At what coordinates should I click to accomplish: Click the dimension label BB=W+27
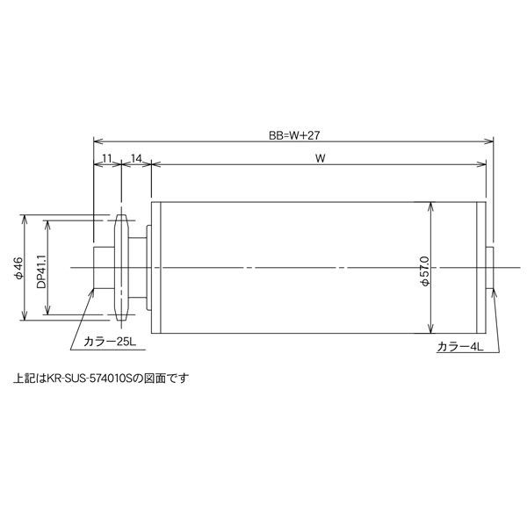click(x=293, y=135)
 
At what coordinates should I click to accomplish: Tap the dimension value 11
click(x=106, y=158)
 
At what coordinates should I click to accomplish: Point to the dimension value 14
click(x=136, y=158)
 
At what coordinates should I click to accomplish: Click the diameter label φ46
click(x=18, y=268)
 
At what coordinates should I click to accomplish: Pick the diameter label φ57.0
click(x=423, y=268)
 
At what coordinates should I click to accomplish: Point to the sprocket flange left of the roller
click(x=122, y=268)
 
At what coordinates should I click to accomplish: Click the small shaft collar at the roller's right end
click(x=491, y=268)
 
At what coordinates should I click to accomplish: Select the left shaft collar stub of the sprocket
click(x=103, y=268)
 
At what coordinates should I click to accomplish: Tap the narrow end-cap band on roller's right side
click(x=480, y=268)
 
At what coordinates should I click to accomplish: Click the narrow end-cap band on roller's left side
click(x=157, y=268)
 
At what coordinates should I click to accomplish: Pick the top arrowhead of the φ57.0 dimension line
click(x=430, y=207)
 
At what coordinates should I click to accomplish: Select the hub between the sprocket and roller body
click(x=141, y=268)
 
